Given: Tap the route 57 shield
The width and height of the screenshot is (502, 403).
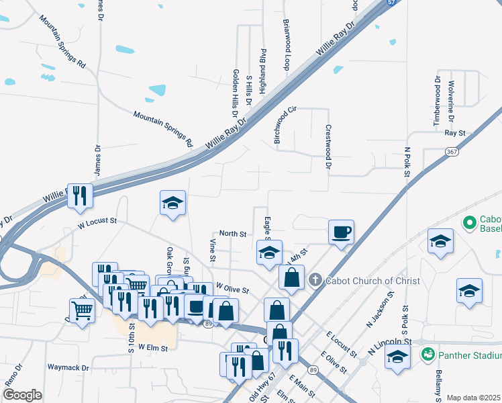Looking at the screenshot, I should (391, 3).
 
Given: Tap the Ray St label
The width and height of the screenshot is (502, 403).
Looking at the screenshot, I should (455, 134).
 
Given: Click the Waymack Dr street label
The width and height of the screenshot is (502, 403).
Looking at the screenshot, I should (68, 367).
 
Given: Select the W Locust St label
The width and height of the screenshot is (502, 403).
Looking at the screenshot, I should (97, 222).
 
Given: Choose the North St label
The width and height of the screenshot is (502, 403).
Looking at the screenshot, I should (233, 234).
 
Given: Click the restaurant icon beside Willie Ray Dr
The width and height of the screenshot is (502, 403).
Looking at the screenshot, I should (80, 195).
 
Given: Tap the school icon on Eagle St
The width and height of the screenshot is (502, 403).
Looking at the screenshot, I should (269, 253).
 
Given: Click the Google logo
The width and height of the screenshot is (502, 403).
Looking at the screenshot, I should (22, 395).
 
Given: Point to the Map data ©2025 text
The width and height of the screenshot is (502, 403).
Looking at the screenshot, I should (473, 398).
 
